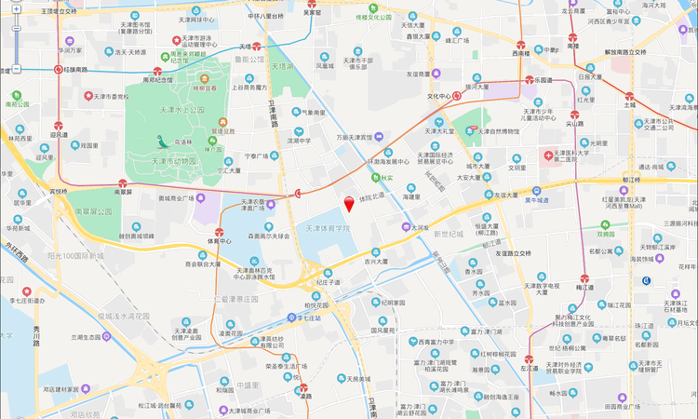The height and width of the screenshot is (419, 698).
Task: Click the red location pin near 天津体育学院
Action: (350, 204)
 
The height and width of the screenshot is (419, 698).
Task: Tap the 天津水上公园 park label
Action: (182, 110)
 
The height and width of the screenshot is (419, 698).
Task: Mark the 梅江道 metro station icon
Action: (584, 277)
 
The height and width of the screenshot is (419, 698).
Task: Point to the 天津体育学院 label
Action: (328, 228)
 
